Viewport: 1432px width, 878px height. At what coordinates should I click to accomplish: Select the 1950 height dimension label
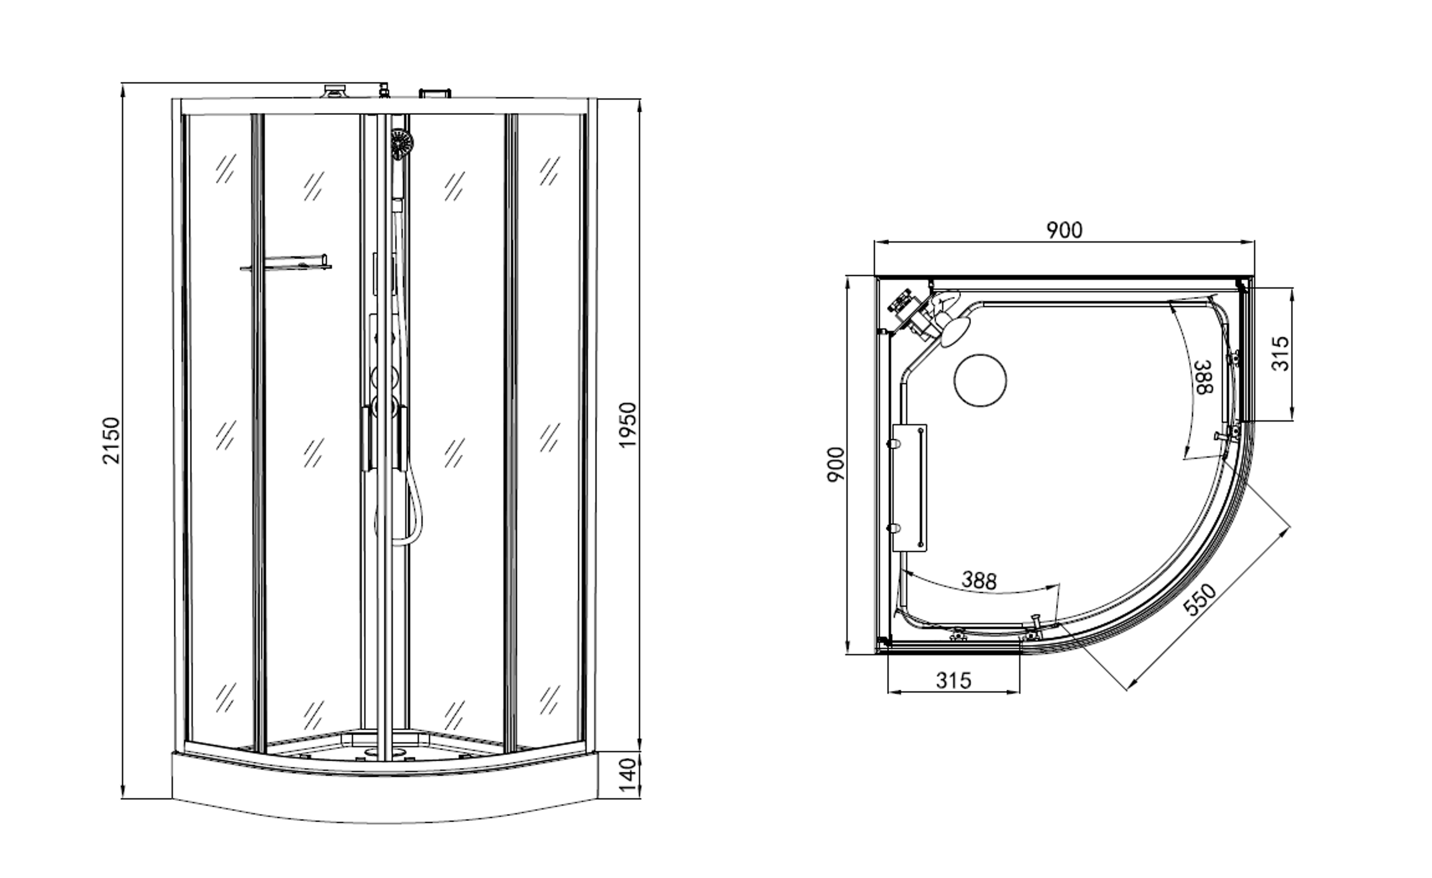pos(628,425)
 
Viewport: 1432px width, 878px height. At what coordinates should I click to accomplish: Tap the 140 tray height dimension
pos(628,774)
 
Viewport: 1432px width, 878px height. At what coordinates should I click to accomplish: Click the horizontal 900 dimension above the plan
pos(1064,231)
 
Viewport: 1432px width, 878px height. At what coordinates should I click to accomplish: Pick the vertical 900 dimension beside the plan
pos(837,464)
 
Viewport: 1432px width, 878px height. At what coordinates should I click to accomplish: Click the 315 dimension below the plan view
pos(953,681)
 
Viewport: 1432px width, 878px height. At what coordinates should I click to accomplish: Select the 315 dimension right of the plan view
pos(1280,354)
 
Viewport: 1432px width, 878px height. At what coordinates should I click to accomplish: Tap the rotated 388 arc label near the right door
pos(1204,377)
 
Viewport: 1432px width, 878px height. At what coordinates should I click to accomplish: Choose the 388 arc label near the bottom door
pos(979,580)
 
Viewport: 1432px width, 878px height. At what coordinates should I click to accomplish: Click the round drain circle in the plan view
pos(980,381)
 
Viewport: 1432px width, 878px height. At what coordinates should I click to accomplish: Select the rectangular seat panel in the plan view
pos(909,488)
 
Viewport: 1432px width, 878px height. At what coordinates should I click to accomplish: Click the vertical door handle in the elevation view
pos(366,438)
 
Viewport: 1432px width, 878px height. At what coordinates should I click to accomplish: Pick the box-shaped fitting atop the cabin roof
pos(436,93)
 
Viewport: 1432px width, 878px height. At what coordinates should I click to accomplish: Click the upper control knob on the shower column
pos(383,377)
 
